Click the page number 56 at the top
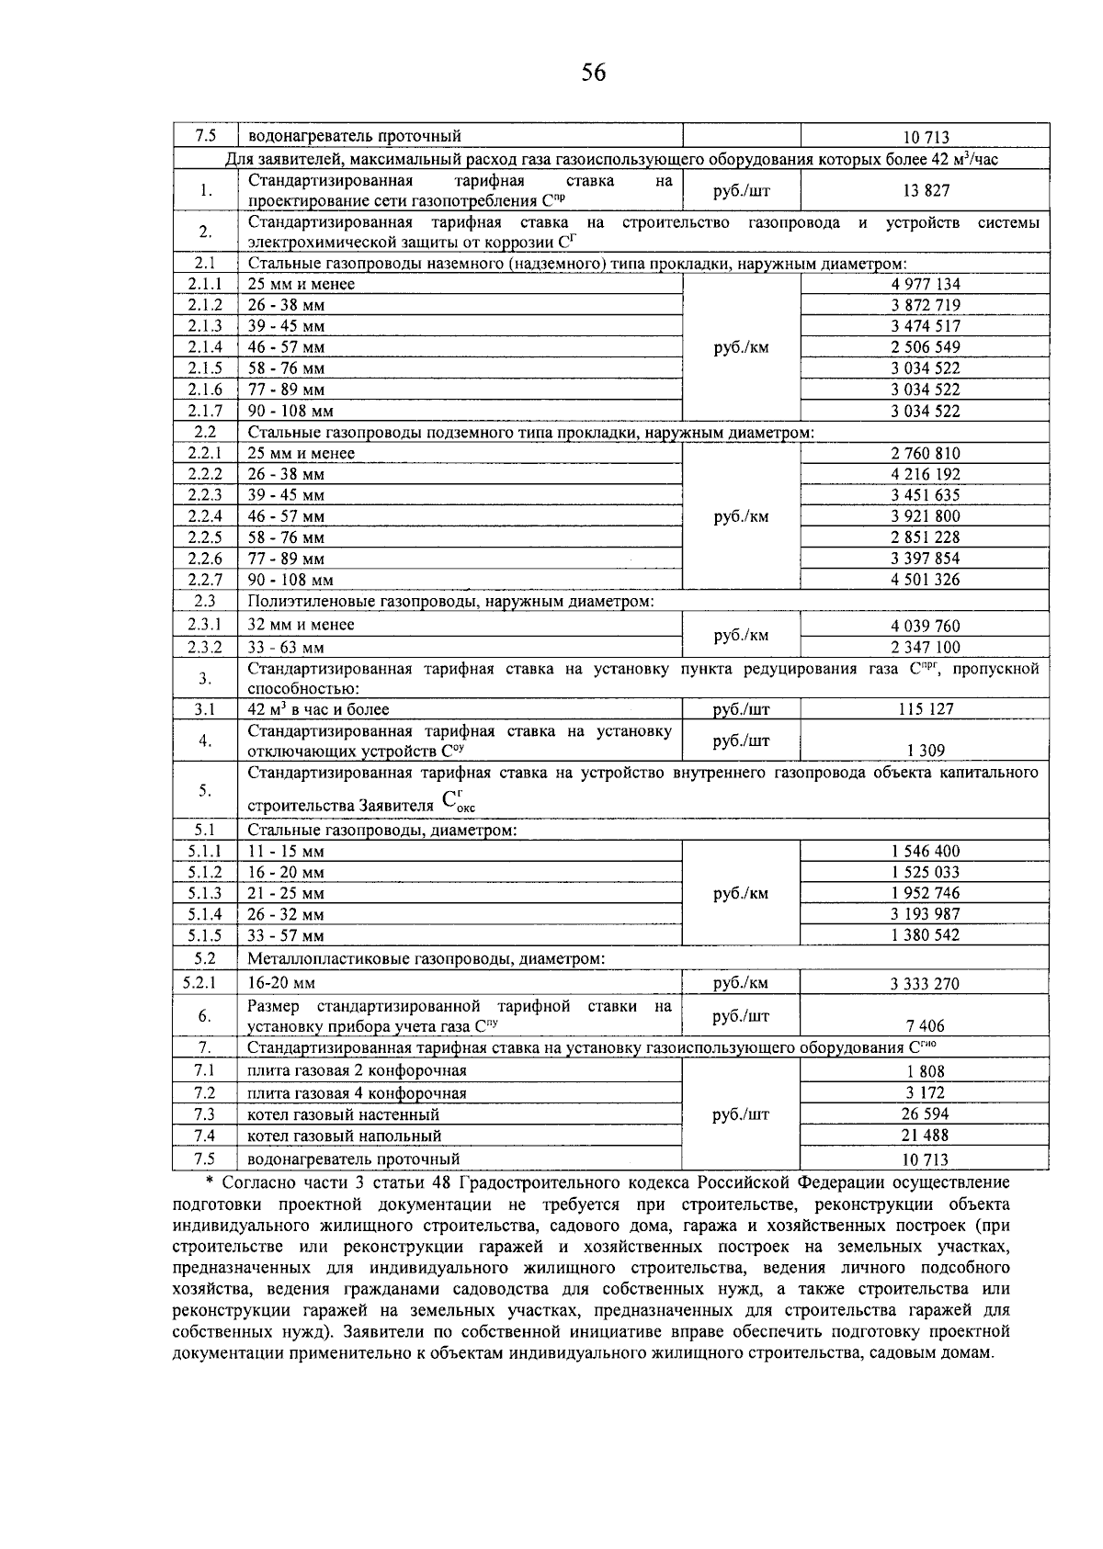point(594,73)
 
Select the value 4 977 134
point(925,284)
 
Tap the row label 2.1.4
point(205,347)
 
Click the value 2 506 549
point(925,347)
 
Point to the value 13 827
point(926,190)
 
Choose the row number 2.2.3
point(205,495)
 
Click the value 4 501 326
point(925,580)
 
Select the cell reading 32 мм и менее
point(301,625)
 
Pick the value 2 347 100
point(925,647)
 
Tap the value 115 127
point(926,709)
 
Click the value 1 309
point(926,751)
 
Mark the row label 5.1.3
point(205,893)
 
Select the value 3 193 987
point(925,914)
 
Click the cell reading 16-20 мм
point(281,983)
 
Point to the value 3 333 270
point(925,984)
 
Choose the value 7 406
point(926,1026)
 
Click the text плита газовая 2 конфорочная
point(357,1071)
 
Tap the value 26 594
point(926,1114)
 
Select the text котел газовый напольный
point(345,1136)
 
